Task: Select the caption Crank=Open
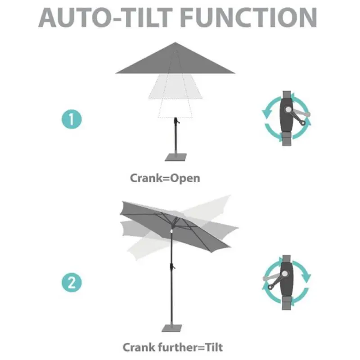click(x=165, y=178)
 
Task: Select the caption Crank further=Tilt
click(x=172, y=347)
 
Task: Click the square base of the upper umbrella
click(x=175, y=157)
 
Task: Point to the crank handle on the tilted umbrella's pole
click(x=172, y=267)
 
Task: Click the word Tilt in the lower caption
click(x=212, y=347)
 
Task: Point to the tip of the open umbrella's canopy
click(x=175, y=44)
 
